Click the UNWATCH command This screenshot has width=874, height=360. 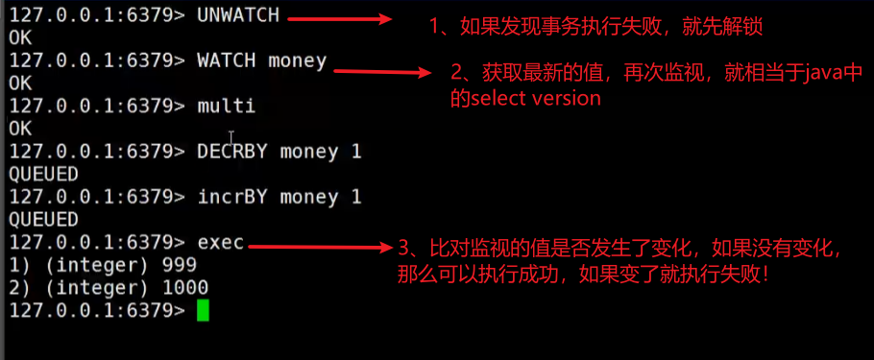(238, 16)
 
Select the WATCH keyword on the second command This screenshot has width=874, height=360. (227, 61)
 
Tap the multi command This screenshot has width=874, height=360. (227, 106)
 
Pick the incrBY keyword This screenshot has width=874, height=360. (232, 197)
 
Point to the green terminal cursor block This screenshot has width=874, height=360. (202, 310)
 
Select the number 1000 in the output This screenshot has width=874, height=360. (185, 287)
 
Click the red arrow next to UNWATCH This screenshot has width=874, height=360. (341, 19)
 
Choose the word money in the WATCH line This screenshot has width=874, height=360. (298, 61)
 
